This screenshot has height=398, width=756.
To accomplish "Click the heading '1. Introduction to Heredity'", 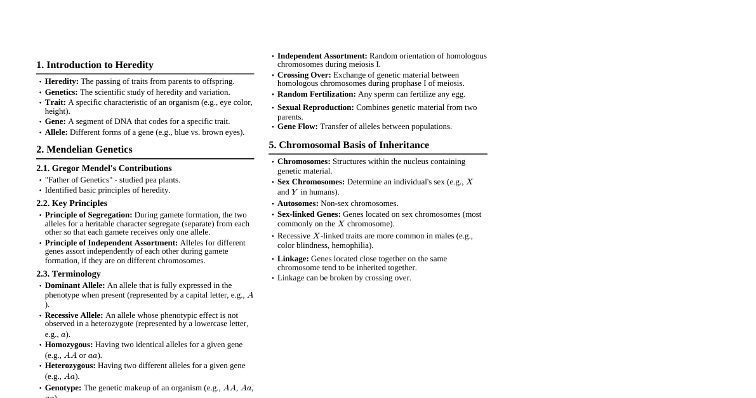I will (x=95, y=65).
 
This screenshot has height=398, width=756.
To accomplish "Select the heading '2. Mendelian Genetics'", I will (x=84, y=149).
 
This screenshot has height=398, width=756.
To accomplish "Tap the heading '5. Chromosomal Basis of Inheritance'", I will (x=348, y=145).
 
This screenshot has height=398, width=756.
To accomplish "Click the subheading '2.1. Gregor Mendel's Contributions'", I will (x=104, y=168).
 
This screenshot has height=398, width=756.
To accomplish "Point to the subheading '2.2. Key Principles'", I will (x=72, y=203).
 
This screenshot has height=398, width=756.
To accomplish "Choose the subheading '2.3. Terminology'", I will (x=69, y=274).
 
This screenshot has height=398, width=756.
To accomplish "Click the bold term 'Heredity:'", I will (x=62, y=81).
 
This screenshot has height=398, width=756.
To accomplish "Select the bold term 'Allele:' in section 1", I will (x=56, y=132).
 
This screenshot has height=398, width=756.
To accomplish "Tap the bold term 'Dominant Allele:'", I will (x=75, y=285).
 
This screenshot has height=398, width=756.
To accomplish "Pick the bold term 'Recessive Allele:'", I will (x=74, y=315).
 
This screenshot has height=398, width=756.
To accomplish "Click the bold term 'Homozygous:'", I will (x=69, y=345).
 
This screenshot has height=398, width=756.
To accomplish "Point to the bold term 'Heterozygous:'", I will (x=70, y=366).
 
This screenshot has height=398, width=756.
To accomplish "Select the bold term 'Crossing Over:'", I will (x=304, y=75).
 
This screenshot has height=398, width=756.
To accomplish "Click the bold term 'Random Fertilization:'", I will (x=317, y=94).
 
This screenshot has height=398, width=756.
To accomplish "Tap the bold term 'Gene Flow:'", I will (x=298, y=127).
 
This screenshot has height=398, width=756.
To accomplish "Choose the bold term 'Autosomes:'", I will (x=298, y=203).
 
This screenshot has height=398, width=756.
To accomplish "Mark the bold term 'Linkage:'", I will (x=293, y=259).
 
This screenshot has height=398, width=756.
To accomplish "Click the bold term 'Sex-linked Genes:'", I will (x=309, y=214).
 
